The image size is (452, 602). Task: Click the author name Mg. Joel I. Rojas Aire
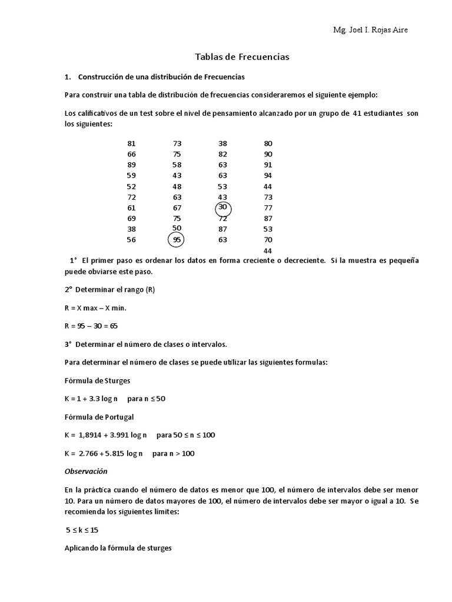tap(370, 31)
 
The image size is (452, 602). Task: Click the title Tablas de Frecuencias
tap(242, 57)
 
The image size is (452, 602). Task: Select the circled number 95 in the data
tap(177, 240)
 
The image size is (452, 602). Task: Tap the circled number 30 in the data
tap(222, 208)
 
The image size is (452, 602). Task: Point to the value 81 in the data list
tap(131, 143)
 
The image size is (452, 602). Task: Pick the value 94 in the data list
tap(268, 175)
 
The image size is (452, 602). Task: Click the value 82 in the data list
tap(222, 154)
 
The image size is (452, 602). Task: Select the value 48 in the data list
tap(177, 186)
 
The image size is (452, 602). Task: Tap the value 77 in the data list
tap(268, 208)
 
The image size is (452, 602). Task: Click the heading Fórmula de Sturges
tap(97, 380)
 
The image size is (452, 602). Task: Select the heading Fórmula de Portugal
tap(99, 417)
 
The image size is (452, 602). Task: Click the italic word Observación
tap(86, 471)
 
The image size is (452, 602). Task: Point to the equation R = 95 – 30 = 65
tap(91, 326)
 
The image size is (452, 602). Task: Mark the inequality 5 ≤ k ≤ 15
tap(82, 530)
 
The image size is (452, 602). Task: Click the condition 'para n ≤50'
tap(147, 399)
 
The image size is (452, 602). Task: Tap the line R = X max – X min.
tap(95, 307)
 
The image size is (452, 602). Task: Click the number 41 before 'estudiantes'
tap(357, 113)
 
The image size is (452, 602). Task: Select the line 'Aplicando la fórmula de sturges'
tap(118, 548)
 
